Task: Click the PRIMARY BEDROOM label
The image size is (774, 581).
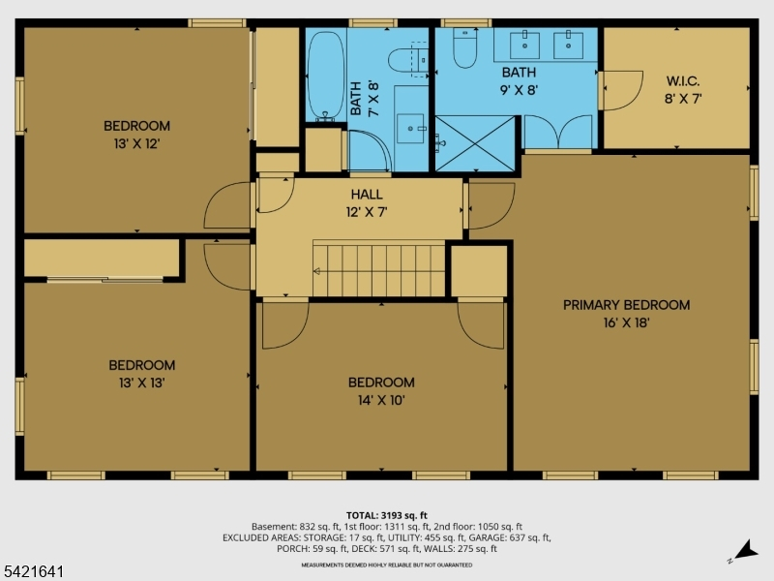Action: pyautogui.click(x=626, y=305)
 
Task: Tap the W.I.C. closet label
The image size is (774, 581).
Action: pyautogui.click(x=683, y=81)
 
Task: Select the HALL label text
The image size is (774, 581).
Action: pyautogui.click(x=367, y=195)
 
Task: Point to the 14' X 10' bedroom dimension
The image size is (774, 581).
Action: pyautogui.click(x=381, y=400)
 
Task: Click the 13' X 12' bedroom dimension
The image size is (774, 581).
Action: pyautogui.click(x=136, y=143)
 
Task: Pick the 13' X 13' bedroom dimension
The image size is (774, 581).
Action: pyautogui.click(x=141, y=382)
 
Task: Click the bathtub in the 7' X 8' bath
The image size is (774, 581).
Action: pyautogui.click(x=325, y=76)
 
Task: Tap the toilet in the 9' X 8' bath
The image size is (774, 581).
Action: pyautogui.click(x=464, y=47)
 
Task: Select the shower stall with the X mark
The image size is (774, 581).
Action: pyautogui.click(x=475, y=143)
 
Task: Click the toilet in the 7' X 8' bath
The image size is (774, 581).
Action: pyautogui.click(x=407, y=60)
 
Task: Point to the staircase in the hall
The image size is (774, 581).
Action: pyautogui.click(x=379, y=270)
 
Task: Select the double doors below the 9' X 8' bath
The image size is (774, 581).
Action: pyautogui.click(x=558, y=132)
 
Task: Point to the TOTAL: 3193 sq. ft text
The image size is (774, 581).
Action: pyautogui.click(x=386, y=515)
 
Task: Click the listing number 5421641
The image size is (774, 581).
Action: pyautogui.click(x=32, y=571)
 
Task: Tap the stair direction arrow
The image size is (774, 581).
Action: pyautogui.click(x=317, y=271)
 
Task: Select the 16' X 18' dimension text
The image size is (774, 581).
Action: pyautogui.click(x=626, y=322)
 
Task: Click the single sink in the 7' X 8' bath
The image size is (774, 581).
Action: pyautogui.click(x=410, y=129)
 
